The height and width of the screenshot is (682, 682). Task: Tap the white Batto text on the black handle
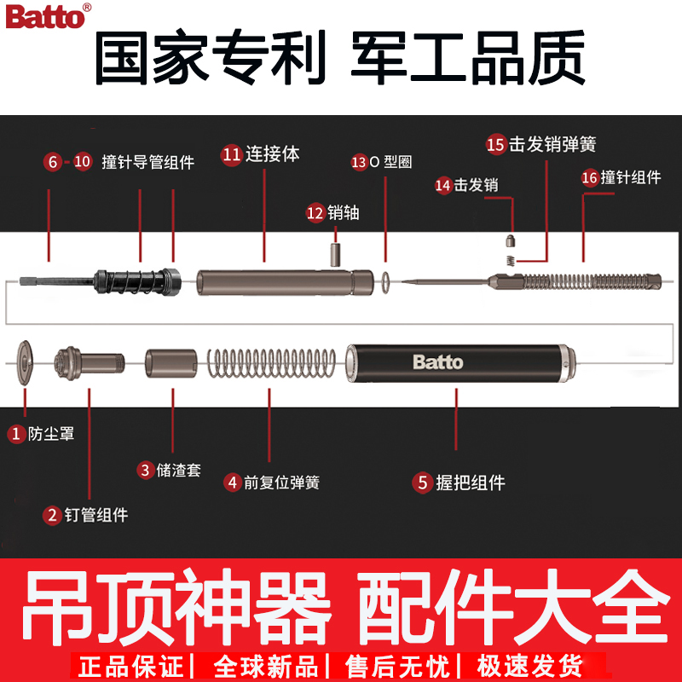[x=437, y=362]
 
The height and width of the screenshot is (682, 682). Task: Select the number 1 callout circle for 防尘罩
[x=16, y=434]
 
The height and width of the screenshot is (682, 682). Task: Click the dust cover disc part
[x=26, y=364]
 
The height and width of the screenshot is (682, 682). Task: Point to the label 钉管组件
[x=96, y=515]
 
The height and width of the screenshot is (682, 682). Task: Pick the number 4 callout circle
[x=233, y=482]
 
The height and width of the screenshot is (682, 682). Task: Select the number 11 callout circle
[x=231, y=154]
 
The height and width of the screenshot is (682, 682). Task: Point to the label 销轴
[x=344, y=213]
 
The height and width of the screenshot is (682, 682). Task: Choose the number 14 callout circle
[x=442, y=184]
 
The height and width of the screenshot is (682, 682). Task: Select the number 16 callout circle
[x=589, y=177]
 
